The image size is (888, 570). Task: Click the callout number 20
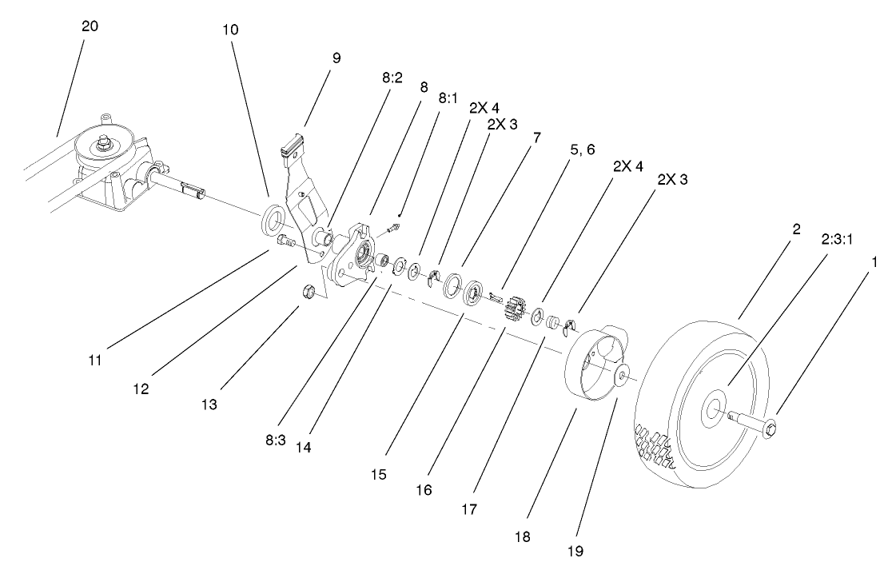pyautogui.click(x=90, y=27)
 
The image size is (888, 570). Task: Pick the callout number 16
pyautogui.click(x=424, y=489)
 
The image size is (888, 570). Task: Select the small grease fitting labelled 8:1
pyautogui.click(x=395, y=228)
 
